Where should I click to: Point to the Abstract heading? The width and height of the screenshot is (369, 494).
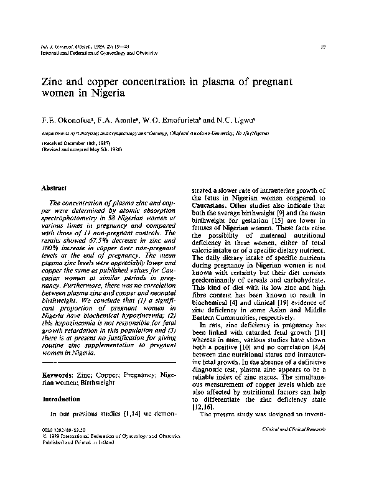click(x=55, y=187)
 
